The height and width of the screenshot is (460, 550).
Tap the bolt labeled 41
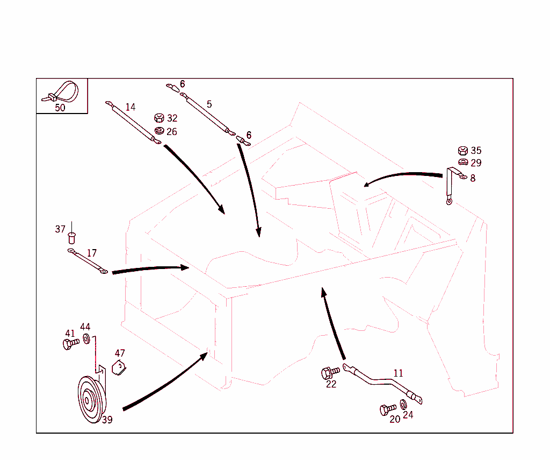(x=69, y=344)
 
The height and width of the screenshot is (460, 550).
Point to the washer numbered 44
(x=86, y=339)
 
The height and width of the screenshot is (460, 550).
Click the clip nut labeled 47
(x=119, y=368)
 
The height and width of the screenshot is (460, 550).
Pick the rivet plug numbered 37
(x=71, y=237)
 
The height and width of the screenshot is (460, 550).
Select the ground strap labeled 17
(x=87, y=261)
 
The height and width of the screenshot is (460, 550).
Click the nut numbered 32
(x=158, y=118)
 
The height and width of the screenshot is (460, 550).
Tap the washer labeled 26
(x=158, y=131)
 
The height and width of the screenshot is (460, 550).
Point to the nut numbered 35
(x=462, y=151)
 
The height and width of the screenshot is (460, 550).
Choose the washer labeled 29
(x=462, y=162)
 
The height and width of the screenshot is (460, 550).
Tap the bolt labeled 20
(x=387, y=409)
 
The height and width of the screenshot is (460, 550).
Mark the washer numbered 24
(x=403, y=404)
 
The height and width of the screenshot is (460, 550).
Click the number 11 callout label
(x=398, y=373)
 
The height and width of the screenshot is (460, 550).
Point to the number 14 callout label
(x=131, y=107)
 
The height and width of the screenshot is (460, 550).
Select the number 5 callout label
(x=209, y=104)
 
